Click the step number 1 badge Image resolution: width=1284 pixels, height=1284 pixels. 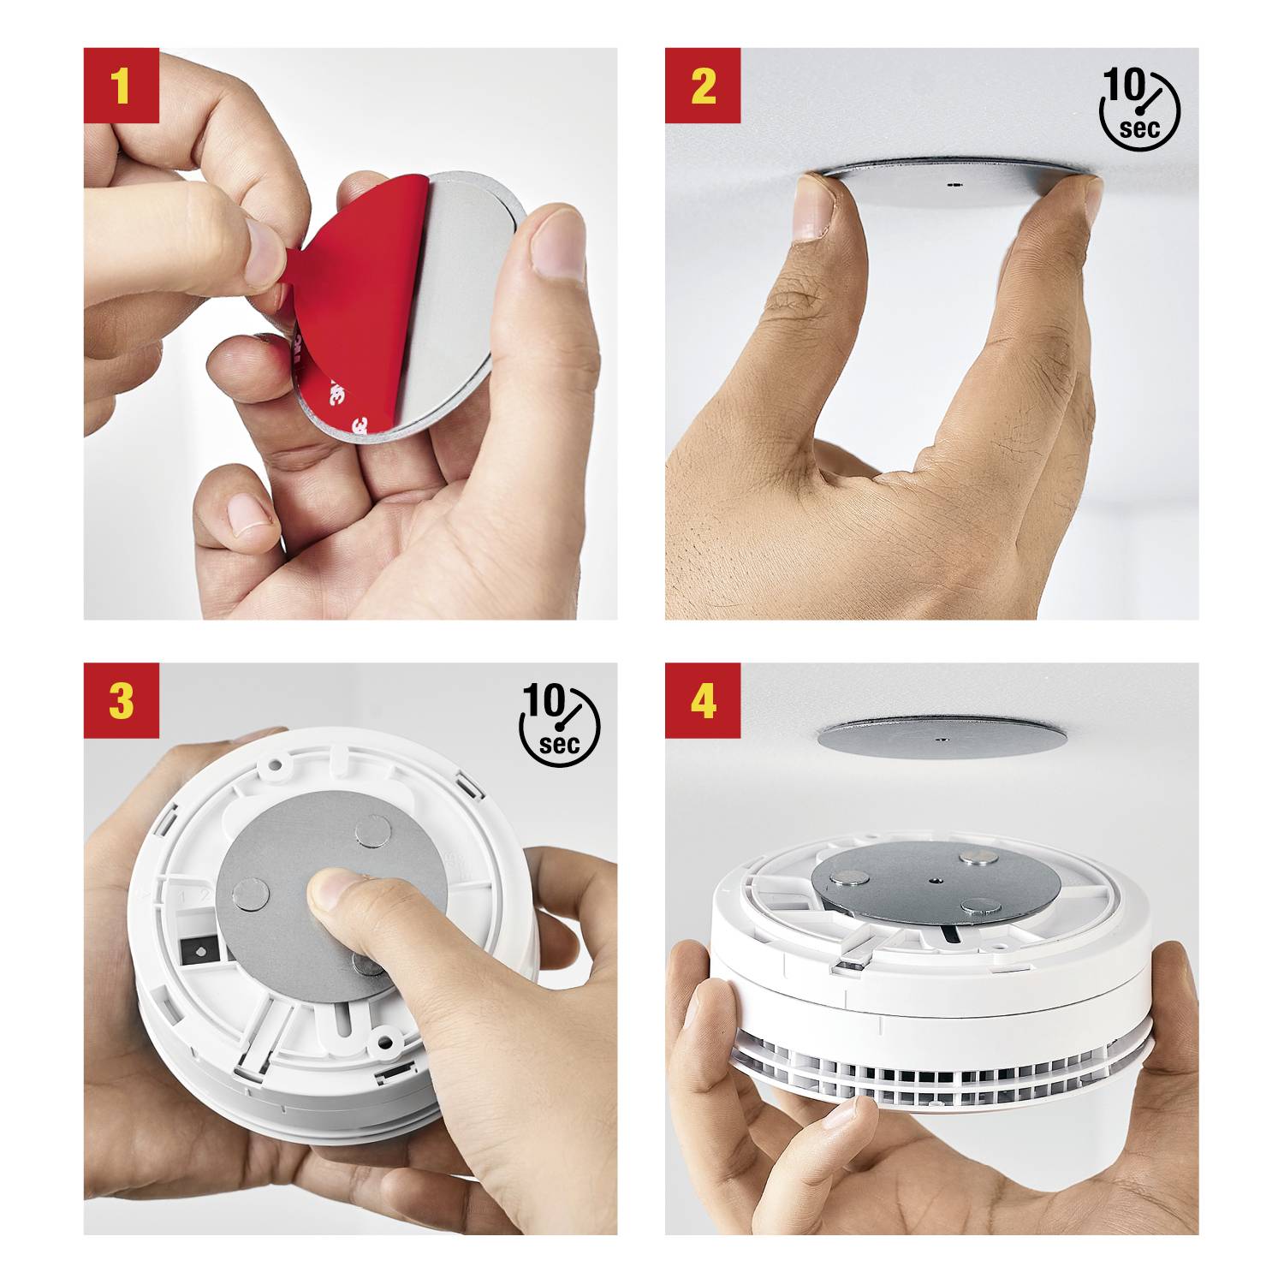(x=121, y=86)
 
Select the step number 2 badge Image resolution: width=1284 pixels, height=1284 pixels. (x=703, y=86)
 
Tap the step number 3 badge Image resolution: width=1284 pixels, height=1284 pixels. (x=121, y=700)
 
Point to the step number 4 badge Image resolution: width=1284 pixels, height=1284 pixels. (x=703, y=700)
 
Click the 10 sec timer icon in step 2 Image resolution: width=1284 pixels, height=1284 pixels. (x=1138, y=107)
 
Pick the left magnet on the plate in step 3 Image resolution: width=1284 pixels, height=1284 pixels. (x=250, y=895)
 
